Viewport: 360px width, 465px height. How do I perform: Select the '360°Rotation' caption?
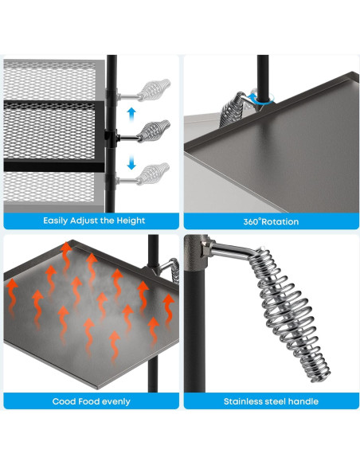(x=271, y=221)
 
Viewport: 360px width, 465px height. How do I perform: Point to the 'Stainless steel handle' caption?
(x=272, y=401)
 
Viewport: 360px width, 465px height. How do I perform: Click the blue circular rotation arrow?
(x=260, y=98)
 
